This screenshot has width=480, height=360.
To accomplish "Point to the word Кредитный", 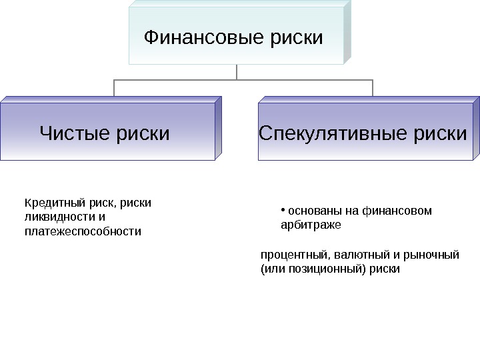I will [48, 203].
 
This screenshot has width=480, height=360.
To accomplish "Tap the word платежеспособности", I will [83, 231].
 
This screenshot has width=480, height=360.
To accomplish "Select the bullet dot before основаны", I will [283, 209].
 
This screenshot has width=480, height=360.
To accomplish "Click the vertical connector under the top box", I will [237, 71].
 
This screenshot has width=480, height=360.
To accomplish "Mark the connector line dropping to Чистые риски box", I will [114, 87].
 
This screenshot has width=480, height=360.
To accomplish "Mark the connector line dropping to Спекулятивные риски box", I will [373, 87].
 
